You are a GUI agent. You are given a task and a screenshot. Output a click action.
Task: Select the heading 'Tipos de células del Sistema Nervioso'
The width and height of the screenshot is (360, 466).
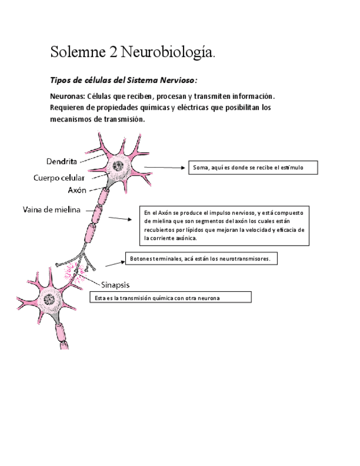(x=123, y=80)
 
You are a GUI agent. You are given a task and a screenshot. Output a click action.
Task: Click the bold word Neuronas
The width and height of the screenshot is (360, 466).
(x=67, y=96)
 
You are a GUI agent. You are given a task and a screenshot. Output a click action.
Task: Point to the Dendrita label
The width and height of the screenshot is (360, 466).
(x=61, y=161)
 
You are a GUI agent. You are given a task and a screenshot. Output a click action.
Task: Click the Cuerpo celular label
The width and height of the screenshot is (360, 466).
(x=59, y=177)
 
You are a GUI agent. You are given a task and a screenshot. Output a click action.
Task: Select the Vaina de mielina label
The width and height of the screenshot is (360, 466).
(x=52, y=209)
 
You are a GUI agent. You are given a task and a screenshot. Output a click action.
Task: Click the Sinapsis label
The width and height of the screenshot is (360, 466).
(x=116, y=284)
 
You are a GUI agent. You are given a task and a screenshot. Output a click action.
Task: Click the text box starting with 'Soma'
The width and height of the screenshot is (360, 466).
(x=253, y=167)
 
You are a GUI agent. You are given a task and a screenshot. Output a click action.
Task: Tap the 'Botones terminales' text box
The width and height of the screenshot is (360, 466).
(x=201, y=258)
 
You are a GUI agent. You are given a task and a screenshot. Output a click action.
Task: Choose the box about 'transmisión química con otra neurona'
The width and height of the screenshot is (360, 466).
(x=170, y=297)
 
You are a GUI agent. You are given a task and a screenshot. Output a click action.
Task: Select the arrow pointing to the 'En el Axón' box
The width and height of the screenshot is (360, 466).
(x=119, y=219)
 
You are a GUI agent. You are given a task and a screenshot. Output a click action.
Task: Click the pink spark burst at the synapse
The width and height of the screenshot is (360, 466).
(x=73, y=271)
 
